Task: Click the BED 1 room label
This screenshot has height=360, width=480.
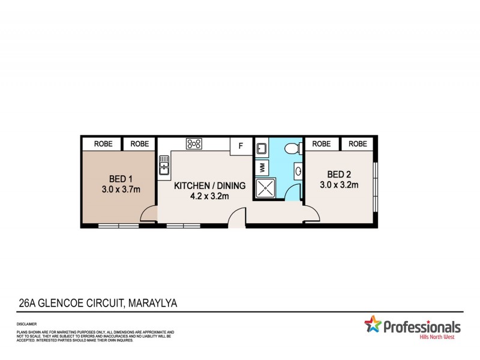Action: point(121,178)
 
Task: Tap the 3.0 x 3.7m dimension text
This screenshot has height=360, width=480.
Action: point(121,190)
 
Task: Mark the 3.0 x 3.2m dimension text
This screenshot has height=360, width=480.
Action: point(339,185)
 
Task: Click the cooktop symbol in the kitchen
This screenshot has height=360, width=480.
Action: point(194,143)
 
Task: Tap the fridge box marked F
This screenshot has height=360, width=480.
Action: point(241,145)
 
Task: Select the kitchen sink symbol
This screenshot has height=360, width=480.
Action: point(164,164)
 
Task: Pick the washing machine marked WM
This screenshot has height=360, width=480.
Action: point(261,166)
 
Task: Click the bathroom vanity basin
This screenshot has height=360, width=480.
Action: point(298,171)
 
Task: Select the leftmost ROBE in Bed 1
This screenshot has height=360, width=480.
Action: point(101,144)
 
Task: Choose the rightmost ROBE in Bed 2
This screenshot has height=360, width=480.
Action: point(358,144)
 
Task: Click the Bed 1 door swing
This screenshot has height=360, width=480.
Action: point(149,213)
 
